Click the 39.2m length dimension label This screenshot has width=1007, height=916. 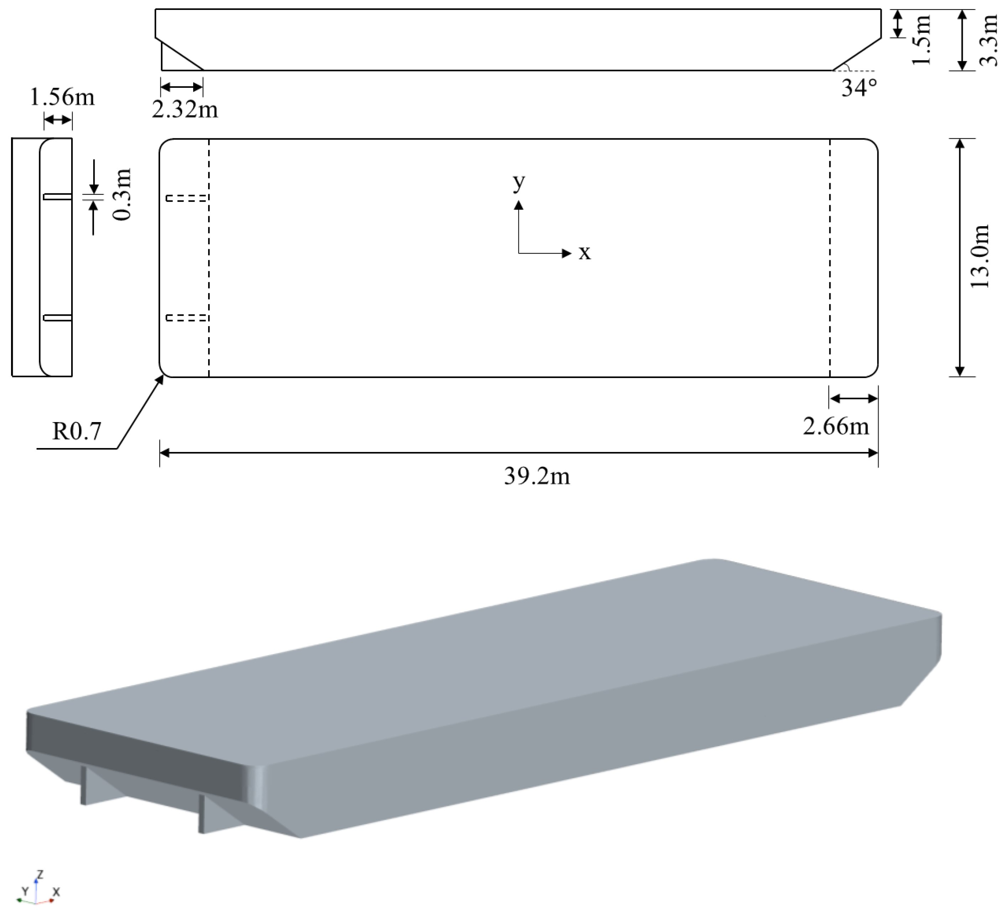537,476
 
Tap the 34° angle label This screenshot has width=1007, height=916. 859,88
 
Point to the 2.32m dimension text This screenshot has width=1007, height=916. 185,109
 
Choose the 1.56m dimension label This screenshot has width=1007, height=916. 62,96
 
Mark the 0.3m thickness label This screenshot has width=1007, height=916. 122,195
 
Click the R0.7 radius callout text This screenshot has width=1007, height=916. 77,431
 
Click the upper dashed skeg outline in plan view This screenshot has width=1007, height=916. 187,198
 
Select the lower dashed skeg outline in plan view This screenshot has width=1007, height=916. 187,318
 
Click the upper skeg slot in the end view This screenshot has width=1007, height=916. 57,197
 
